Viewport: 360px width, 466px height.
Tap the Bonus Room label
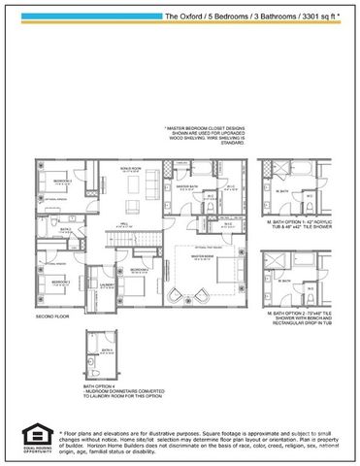[130, 168]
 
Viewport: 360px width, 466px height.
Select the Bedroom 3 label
[62, 182]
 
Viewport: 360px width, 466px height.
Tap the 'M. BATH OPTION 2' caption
[291, 314]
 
